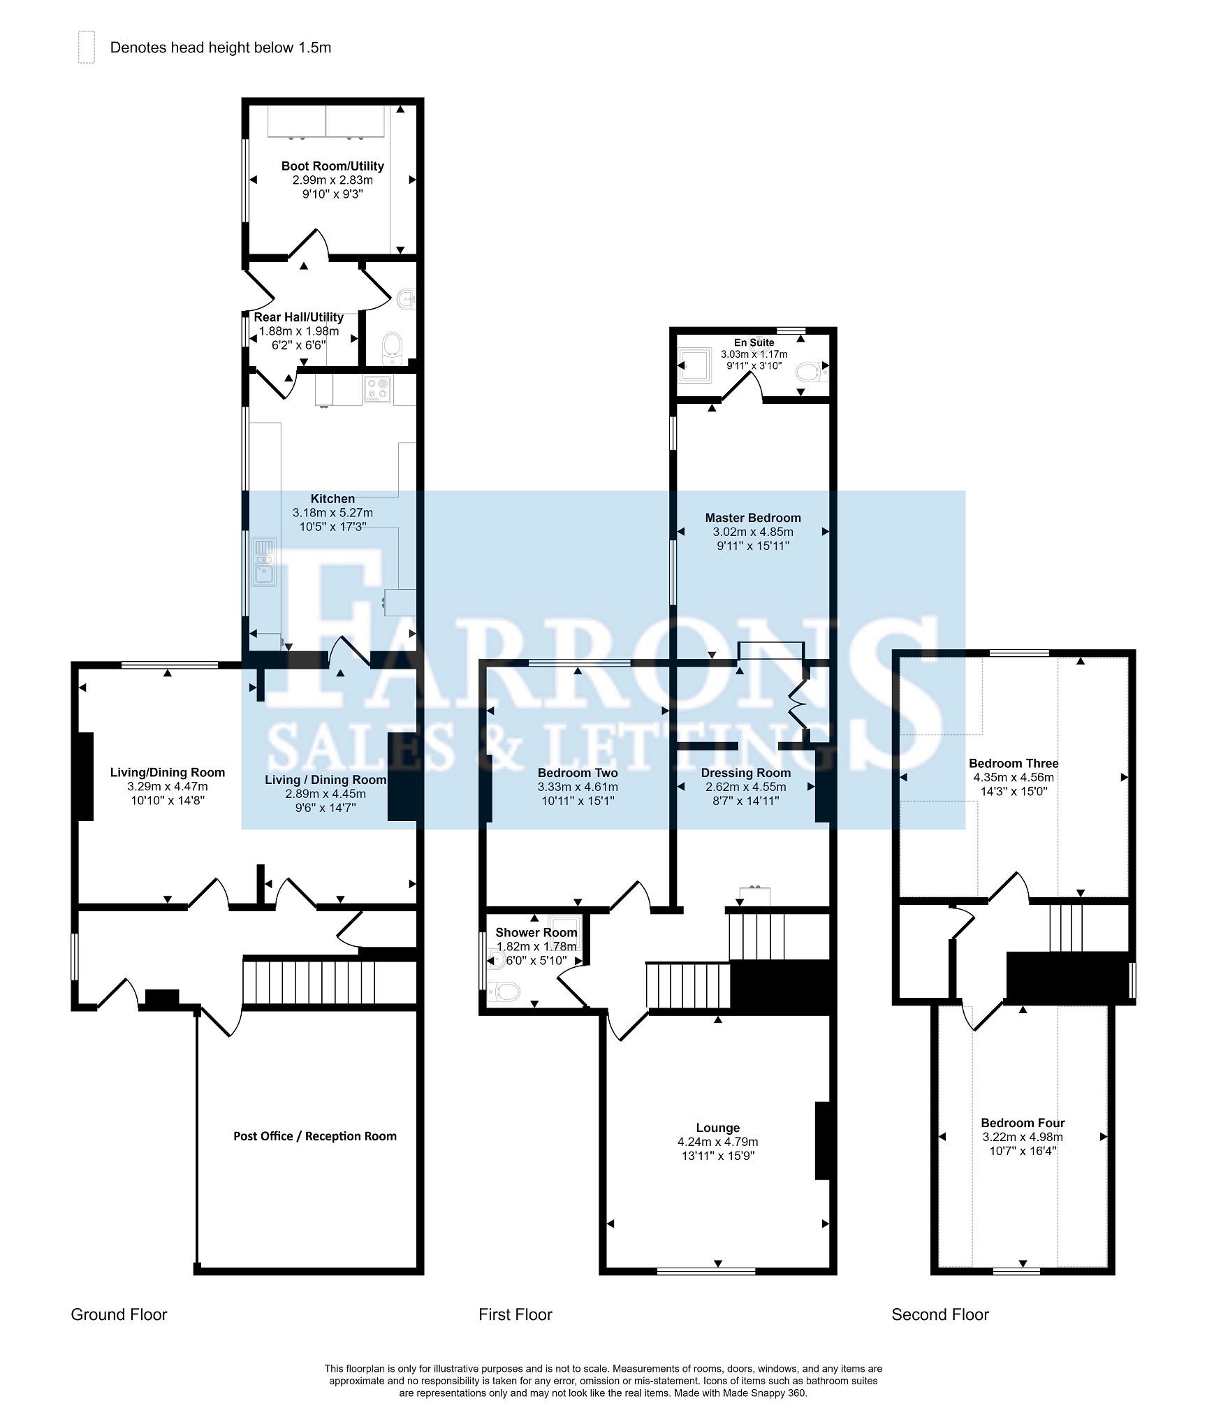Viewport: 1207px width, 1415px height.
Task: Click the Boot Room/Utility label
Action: point(332,166)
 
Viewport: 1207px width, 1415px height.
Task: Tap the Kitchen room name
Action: point(332,499)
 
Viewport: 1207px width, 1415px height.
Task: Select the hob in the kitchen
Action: point(378,390)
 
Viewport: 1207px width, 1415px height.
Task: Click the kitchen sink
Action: point(264,561)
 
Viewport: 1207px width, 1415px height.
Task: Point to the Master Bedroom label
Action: point(753,518)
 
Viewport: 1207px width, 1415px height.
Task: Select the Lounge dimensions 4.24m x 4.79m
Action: point(717,1142)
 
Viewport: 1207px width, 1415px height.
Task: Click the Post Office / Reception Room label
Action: point(315,1136)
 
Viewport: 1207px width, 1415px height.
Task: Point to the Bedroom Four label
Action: point(1023,1123)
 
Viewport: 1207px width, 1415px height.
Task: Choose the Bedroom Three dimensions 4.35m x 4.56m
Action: point(1014,777)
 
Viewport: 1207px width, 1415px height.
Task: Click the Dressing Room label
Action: point(746,773)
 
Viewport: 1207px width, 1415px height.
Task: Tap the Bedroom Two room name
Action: point(578,773)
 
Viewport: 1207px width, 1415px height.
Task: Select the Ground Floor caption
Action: point(119,1314)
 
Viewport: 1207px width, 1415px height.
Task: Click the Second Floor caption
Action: point(940,1314)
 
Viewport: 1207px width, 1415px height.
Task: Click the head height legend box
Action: point(86,48)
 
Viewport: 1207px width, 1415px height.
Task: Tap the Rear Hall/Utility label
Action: point(298,317)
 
